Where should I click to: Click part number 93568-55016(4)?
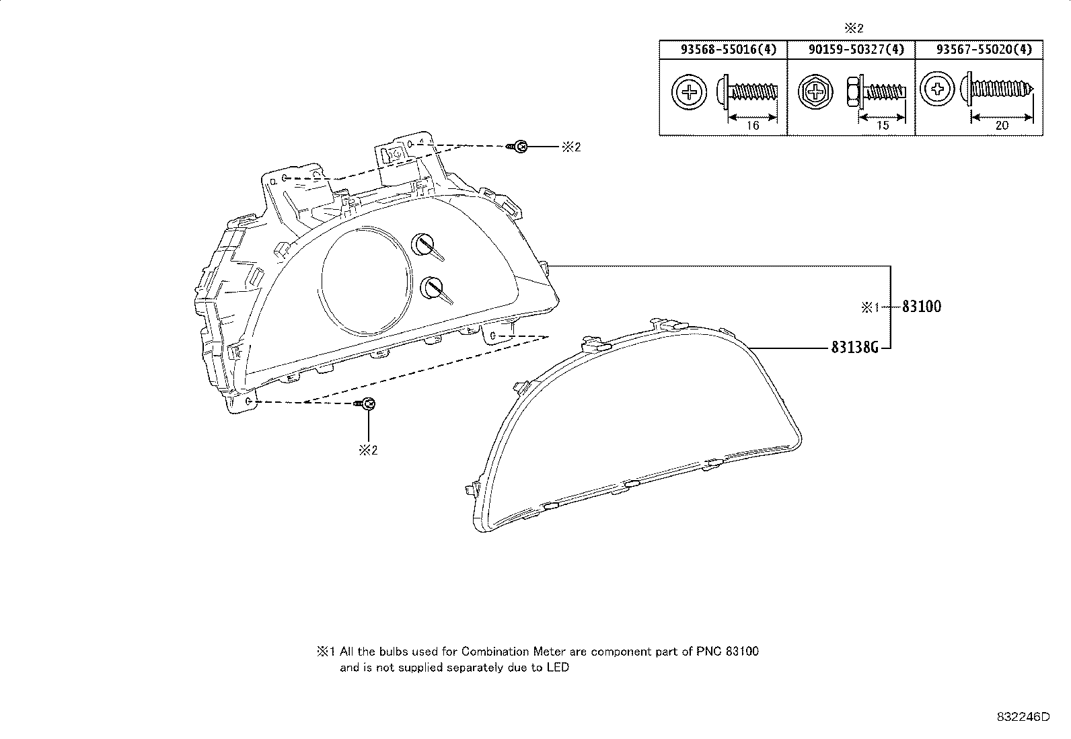tap(729, 50)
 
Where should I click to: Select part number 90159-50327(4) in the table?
tap(856, 50)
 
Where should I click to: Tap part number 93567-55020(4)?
tap(984, 50)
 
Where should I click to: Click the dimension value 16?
tap(753, 125)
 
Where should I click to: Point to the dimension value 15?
tap(882, 125)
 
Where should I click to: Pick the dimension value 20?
tap(1002, 125)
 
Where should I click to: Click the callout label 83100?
tap(922, 307)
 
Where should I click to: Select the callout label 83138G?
tap(854, 347)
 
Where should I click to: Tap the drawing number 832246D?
tap(1023, 717)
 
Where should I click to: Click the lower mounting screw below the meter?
tap(365, 404)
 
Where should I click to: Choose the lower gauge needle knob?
tap(436, 290)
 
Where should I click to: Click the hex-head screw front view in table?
tap(815, 91)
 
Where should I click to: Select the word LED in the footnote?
tap(558, 667)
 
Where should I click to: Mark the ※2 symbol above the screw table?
tap(854, 28)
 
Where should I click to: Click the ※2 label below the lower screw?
tap(368, 451)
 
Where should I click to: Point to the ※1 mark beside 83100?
tap(871, 307)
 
